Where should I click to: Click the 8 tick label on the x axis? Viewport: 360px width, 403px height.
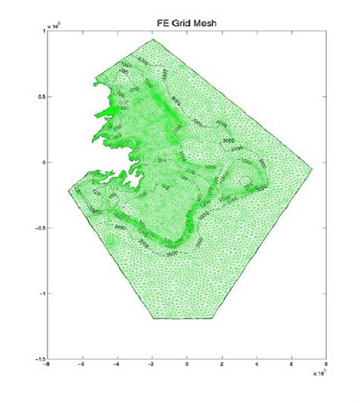coord(327,366)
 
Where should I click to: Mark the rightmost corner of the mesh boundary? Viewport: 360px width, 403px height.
coord(312,169)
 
